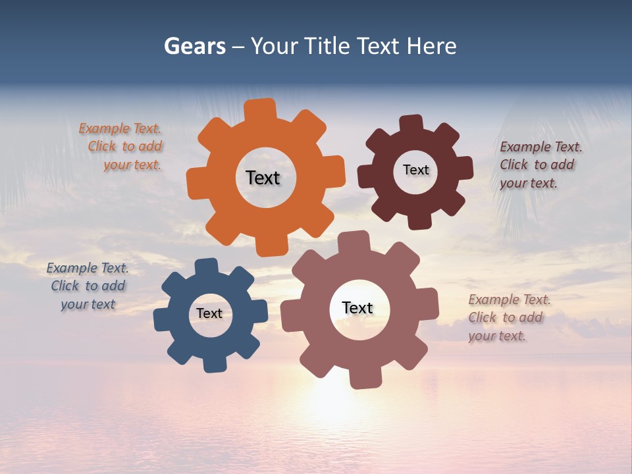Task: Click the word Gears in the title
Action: click(194, 46)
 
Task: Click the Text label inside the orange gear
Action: click(263, 178)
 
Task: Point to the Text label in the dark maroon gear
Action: click(415, 170)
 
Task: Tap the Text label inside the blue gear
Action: click(209, 313)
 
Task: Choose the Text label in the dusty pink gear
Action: click(357, 307)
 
